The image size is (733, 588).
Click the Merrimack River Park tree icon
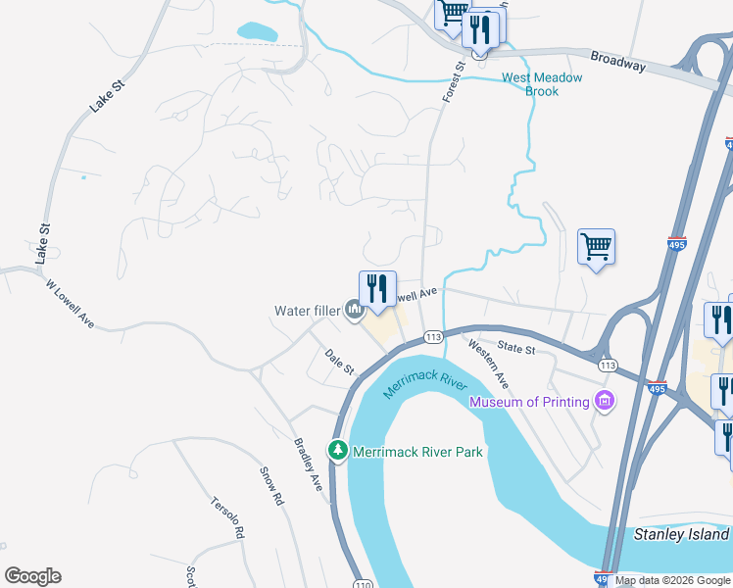point(338,450)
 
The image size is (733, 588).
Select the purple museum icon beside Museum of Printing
point(605,401)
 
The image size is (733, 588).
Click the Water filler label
point(306,312)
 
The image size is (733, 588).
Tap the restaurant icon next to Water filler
point(377,289)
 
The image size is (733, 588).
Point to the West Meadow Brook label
point(542,84)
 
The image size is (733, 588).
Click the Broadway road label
point(619,61)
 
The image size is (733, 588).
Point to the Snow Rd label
point(271,485)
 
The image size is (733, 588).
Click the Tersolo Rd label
point(226,518)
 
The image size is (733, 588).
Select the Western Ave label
point(488,362)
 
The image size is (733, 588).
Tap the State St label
point(516,348)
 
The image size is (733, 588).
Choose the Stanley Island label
point(682,534)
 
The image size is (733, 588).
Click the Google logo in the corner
point(32,576)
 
